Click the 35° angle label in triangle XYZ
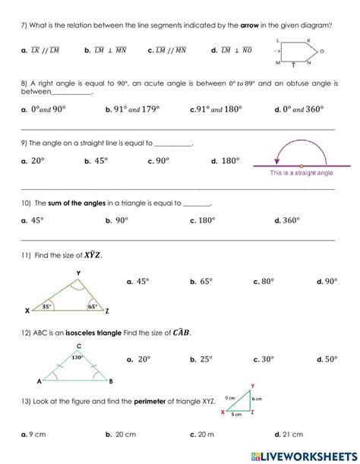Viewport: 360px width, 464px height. click(x=46, y=307)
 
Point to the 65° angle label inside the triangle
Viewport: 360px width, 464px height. click(x=91, y=307)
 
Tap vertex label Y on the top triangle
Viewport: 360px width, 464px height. click(x=78, y=272)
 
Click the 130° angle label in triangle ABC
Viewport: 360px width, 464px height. click(x=76, y=356)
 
